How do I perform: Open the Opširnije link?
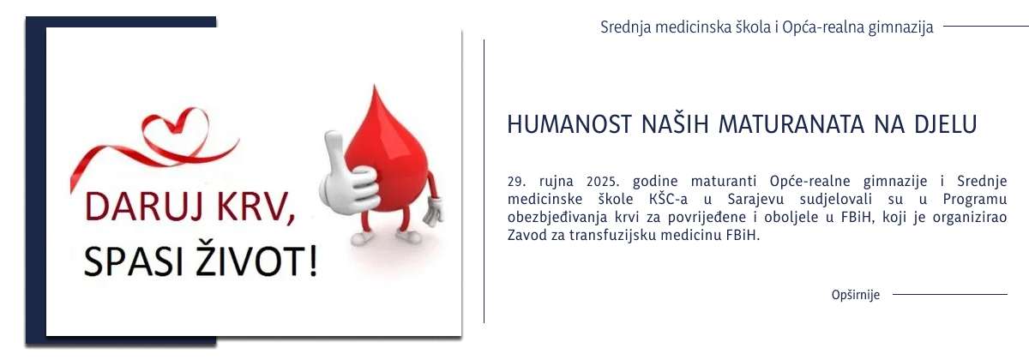click(x=856, y=295)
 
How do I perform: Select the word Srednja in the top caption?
click(x=625, y=27)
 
